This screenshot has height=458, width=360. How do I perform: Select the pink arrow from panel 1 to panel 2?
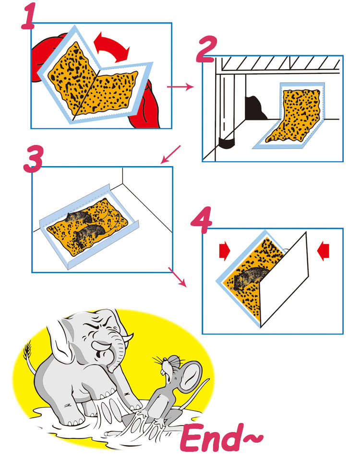tap(180, 87)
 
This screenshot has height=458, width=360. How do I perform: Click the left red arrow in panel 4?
tap(224, 250)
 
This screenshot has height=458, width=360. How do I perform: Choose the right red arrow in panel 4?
tap(324, 250)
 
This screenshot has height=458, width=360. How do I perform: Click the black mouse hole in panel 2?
tap(253, 107)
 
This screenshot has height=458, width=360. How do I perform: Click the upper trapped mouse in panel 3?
tap(79, 217)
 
